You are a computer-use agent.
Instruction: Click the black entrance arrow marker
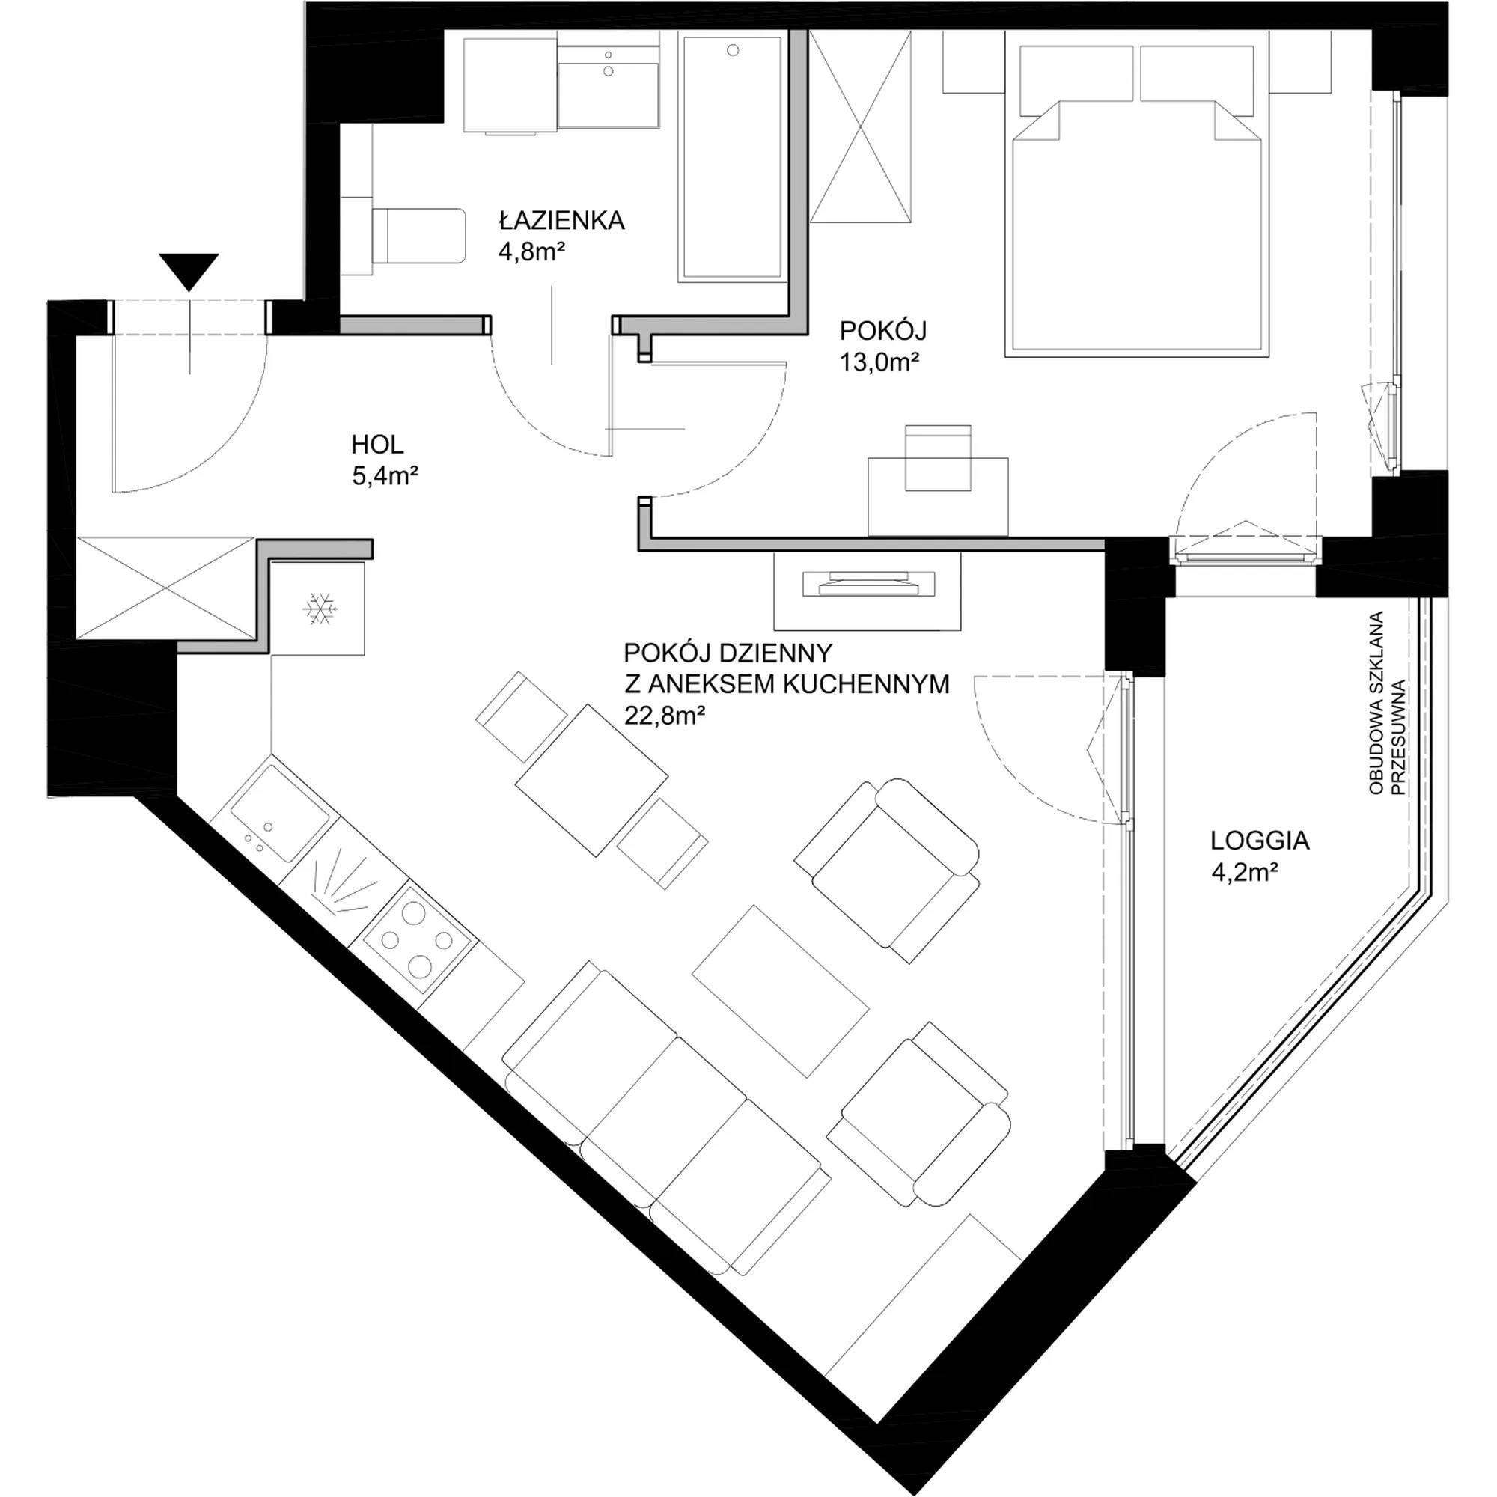189,272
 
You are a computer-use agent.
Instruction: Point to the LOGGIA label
1260,841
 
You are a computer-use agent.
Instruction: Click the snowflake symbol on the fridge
317,609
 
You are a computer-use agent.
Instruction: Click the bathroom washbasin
609,86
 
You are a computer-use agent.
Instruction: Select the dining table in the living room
592,780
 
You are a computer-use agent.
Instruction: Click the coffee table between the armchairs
781,990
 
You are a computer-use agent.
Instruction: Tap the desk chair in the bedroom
939,457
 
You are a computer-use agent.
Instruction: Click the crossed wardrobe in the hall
166,588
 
